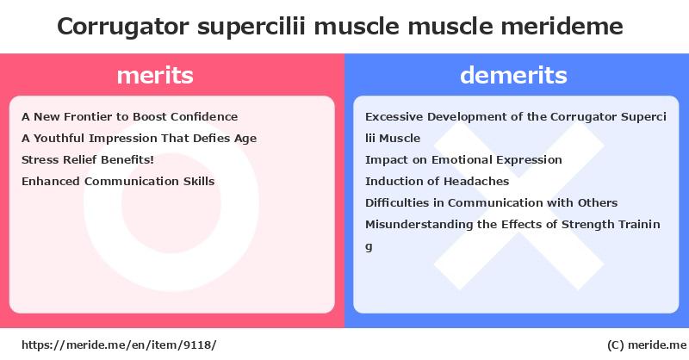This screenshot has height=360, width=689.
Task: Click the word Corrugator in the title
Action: (x=122, y=27)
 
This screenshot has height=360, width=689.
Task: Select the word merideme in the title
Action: (x=562, y=26)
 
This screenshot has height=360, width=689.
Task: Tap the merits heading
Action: (x=155, y=75)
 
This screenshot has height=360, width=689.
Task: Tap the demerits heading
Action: (x=513, y=75)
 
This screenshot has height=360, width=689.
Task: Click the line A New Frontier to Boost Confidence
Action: (x=130, y=116)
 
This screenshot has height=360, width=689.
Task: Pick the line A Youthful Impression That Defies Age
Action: (x=139, y=139)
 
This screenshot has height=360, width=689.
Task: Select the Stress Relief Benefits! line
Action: (x=88, y=159)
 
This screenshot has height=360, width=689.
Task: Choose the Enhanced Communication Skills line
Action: (x=118, y=181)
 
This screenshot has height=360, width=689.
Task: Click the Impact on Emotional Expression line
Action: (x=463, y=160)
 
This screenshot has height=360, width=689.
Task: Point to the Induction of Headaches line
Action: (x=438, y=181)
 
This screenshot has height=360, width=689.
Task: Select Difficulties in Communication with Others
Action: (x=491, y=202)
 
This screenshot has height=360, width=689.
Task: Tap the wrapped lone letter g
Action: (x=369, y=246)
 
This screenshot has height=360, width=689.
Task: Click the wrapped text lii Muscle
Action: (x=393, y=138)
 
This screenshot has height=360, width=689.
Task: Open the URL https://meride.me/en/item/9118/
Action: (x=119, y=344)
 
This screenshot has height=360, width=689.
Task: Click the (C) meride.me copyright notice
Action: (x=647, y=345)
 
